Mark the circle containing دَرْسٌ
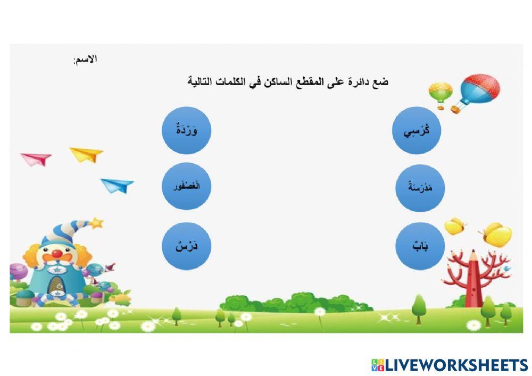(187, 246)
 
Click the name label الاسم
(85, 60)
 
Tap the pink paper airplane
(36, 158)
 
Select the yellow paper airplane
(87, 154)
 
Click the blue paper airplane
(118, 185)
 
